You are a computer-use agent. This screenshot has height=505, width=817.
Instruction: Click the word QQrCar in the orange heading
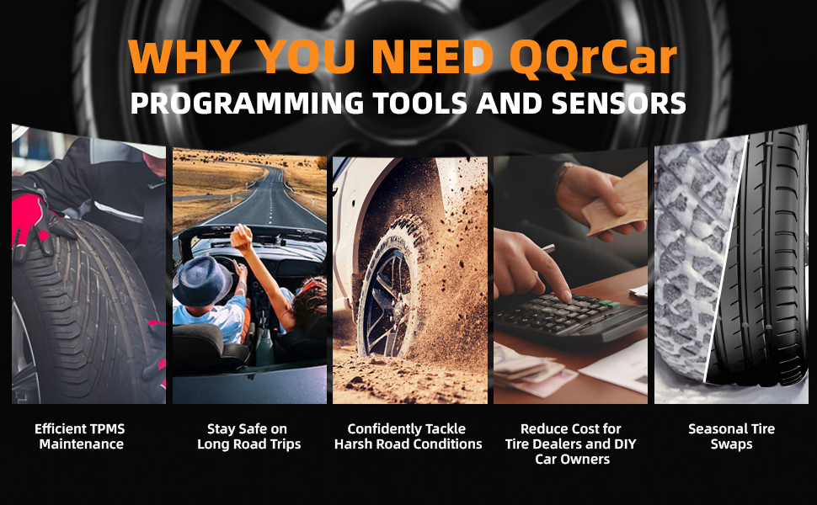(x=593, y=57)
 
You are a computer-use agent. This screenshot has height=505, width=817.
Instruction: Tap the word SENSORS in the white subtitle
(x=618, y=103)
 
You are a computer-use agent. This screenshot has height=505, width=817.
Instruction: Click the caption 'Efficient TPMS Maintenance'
(x=80, y=436)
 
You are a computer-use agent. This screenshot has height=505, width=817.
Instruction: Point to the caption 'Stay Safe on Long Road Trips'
(x=248, y=436)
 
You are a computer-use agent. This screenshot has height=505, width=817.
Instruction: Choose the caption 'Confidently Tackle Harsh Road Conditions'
(x=408, y=436)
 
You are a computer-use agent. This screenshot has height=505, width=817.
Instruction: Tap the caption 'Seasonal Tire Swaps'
(x=731, y=436)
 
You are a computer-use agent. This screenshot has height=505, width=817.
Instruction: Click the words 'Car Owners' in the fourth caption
(x=572, y=460)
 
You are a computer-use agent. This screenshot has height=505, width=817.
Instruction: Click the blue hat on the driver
(x=202, y=280)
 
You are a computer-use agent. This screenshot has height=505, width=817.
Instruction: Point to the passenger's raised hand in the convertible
(x=241, y=237)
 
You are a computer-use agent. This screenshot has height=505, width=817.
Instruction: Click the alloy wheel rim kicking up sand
(x=388, y=302)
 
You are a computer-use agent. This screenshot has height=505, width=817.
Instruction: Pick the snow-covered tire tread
(x=693, y=255)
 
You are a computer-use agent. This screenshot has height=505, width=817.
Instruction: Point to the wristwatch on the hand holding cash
(x=563, y=172)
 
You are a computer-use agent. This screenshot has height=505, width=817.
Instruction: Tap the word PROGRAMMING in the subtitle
(x=247, y=103)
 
